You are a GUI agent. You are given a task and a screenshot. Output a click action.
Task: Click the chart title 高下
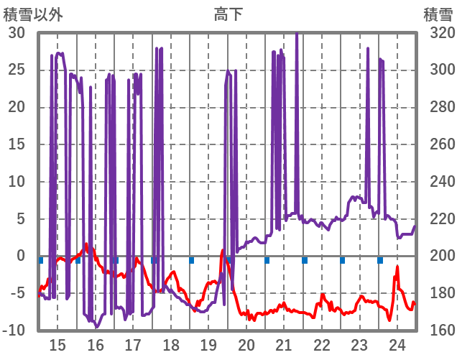point(228,14)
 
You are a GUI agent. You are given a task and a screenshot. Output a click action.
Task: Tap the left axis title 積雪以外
point(32,14)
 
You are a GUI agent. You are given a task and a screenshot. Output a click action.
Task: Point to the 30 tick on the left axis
point(17,33)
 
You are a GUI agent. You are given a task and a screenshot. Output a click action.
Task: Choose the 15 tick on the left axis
point(17,144)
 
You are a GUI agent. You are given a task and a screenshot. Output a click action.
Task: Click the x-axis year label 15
point(57,345)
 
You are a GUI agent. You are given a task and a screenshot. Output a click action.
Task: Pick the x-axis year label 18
point(170,345)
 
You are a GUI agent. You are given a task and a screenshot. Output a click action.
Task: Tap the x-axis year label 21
point(284,345)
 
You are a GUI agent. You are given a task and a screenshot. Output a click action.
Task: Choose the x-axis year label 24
point(397,345)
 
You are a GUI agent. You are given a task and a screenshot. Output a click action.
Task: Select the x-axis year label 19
point(208,345)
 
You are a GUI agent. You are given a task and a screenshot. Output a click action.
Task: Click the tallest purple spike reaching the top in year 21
point(297,34)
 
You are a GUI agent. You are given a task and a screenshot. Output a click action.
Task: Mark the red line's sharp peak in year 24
point(397,267)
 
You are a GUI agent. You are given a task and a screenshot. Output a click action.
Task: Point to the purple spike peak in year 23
point(368,49)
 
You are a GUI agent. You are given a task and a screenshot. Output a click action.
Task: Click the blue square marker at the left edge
point(41,259)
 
